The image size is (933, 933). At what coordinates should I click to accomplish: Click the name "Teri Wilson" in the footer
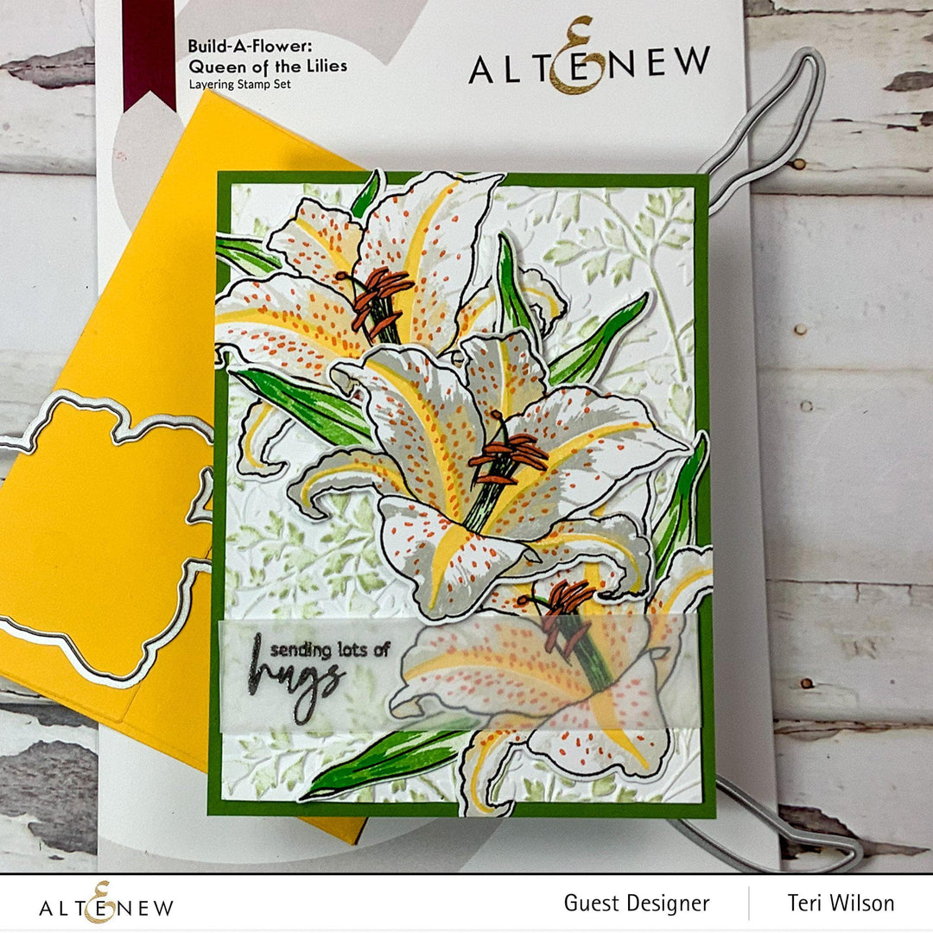(841, 904)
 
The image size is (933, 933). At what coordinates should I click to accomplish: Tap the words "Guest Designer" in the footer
(637, 904)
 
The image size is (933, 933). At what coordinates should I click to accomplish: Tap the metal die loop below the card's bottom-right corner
(777, 829)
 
